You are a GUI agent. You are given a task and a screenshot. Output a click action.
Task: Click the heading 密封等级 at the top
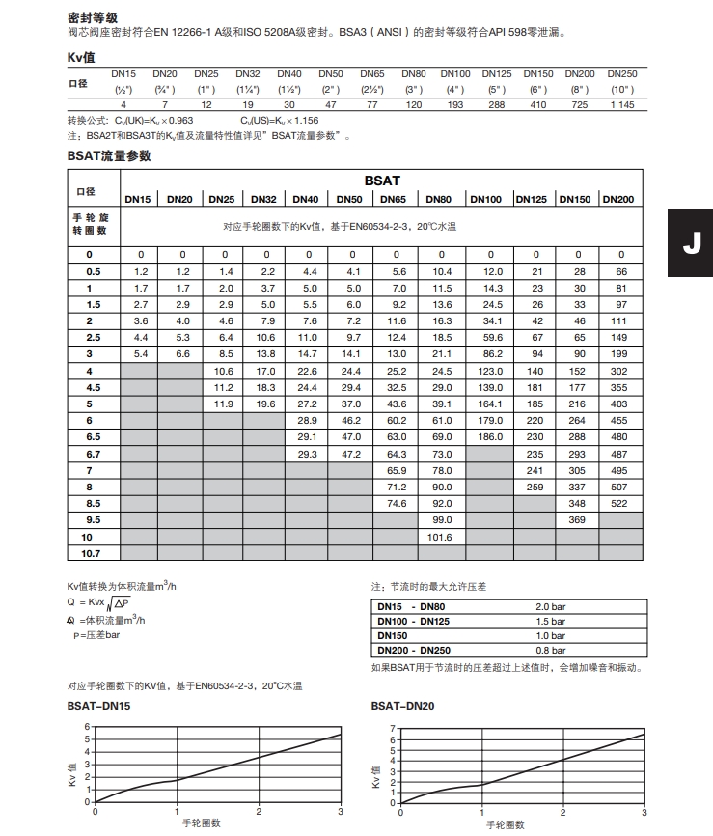point(93,17)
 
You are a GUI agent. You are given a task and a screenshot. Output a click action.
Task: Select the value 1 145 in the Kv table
point(622,104)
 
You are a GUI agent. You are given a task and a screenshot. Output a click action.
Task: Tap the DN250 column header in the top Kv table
point(622,73)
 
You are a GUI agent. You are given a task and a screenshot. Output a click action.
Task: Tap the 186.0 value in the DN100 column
point(492,436)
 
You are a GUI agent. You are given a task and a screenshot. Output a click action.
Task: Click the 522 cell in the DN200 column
point(618,503)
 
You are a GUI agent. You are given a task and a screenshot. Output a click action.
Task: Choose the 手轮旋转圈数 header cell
point(96,225)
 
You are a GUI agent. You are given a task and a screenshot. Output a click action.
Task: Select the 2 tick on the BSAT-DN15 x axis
point(259,811)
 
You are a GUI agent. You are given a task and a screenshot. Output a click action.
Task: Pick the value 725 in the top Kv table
point(580,104)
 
